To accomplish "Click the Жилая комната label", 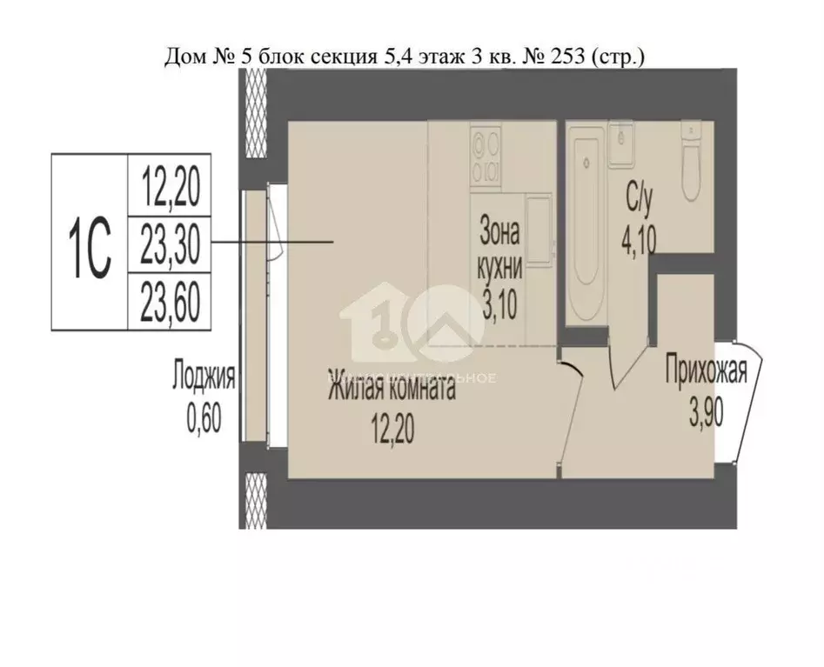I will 391,389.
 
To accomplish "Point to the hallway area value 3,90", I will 706,412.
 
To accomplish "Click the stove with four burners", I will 486,155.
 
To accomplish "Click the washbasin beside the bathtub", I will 621,144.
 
